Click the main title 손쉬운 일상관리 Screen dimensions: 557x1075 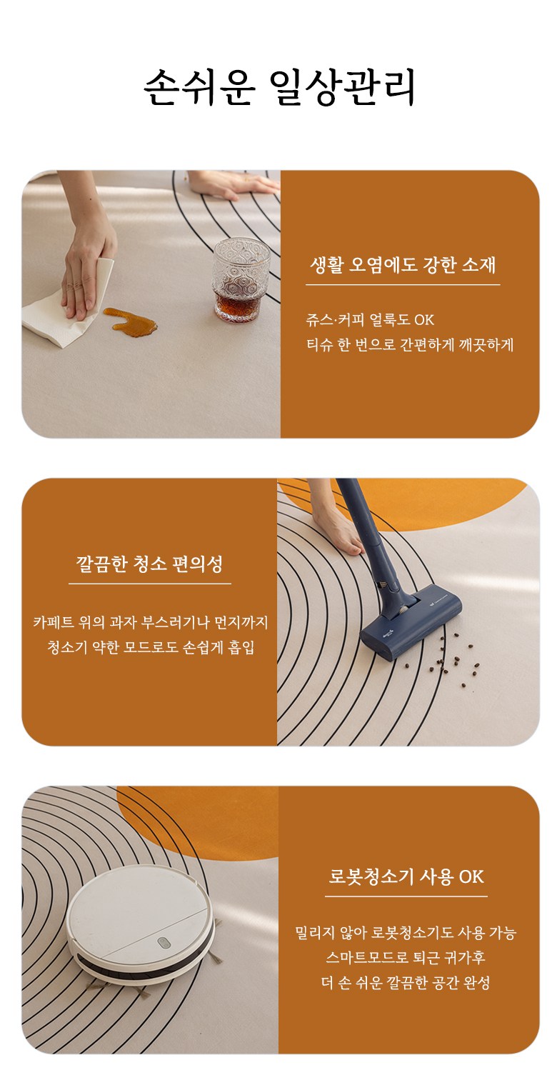(x=278, y=87)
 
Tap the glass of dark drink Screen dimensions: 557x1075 (x=241, y=279)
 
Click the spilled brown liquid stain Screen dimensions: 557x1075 (x=129, y=321)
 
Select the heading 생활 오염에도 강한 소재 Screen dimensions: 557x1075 (x=403, y=265)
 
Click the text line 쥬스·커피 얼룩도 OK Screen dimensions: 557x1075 (x=370, y=319)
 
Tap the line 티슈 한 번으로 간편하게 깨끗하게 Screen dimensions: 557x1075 (x=410, y=344)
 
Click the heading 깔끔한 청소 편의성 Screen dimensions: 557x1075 (x=150, y=564)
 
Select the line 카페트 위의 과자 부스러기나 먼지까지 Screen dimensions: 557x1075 (x=151, y=622)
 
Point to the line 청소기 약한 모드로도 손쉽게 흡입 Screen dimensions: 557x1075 (x=151, y=647)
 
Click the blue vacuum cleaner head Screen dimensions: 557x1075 (x=411, y=625)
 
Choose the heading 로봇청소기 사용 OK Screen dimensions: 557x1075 (x=406, y=876)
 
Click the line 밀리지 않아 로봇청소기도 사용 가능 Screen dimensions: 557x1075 (x=406, y=933)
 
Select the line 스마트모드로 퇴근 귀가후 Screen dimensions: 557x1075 (x=406, y=957)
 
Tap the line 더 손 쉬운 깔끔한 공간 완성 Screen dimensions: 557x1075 (x=406, y=982)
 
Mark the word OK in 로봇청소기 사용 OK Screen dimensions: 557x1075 (x=471, y=877)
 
